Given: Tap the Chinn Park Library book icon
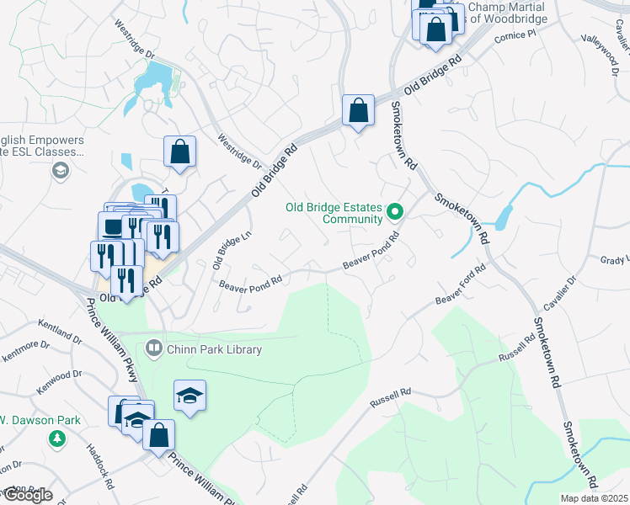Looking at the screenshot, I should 154,347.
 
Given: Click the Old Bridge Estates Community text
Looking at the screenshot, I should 334,213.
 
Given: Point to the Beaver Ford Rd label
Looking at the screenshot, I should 461,286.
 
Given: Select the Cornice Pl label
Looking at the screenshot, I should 515,36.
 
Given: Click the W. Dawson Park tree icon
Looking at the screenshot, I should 57,439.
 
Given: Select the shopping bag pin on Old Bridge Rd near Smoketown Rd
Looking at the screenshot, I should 358,110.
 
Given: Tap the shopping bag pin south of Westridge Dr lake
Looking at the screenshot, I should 179,152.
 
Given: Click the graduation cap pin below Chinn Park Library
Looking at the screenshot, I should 190,396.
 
